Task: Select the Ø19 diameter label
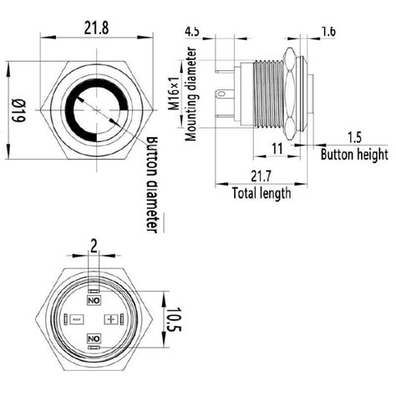[14, 109]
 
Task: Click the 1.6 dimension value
[328, 32]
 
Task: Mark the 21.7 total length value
[259, 176]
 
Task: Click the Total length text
[261, 193]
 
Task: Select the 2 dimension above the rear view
[93, 245]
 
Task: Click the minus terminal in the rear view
[75, 320]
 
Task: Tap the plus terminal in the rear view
[110, 320]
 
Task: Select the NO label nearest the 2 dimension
[93, 299]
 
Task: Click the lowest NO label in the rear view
[93, 338]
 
